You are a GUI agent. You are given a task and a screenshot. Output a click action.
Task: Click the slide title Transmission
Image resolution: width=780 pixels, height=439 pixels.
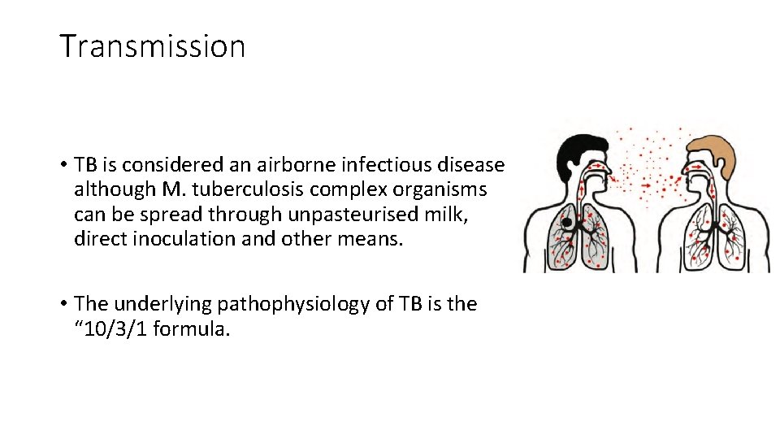click(152, 46)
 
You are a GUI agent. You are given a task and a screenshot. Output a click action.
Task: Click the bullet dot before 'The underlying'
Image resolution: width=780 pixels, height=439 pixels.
click(63, 305)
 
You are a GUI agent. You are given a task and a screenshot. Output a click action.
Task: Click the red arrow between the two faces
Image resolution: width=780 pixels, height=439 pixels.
click(646, 185)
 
